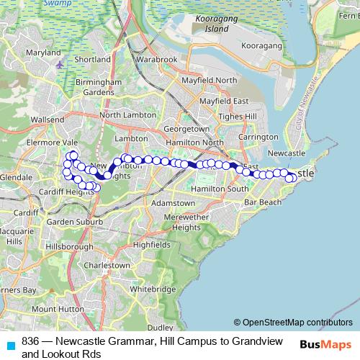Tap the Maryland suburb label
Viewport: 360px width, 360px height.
43,53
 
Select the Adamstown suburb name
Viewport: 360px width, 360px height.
174,204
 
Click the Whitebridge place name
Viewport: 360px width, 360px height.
153,289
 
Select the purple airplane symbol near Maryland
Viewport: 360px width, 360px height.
59,66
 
